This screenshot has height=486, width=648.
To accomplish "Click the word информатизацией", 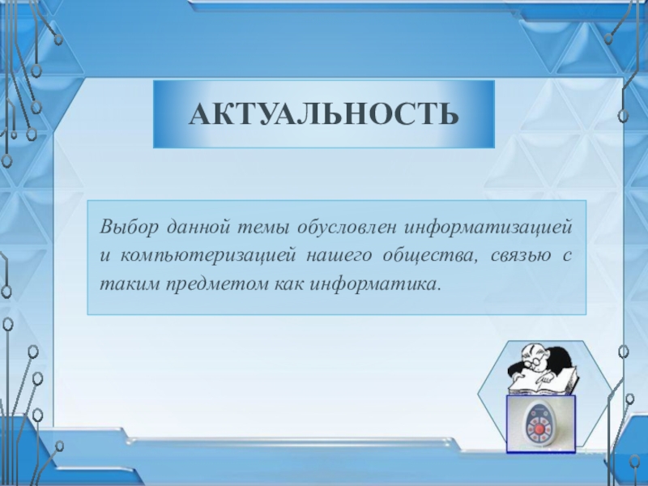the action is click(489, 228).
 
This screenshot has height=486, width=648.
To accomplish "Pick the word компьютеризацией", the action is click(209, 256).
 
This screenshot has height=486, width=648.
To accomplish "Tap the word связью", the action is click(521, 256).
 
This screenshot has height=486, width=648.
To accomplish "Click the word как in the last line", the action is click(289, 285).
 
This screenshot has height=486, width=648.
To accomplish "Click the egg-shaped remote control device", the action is click(539, 424).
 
